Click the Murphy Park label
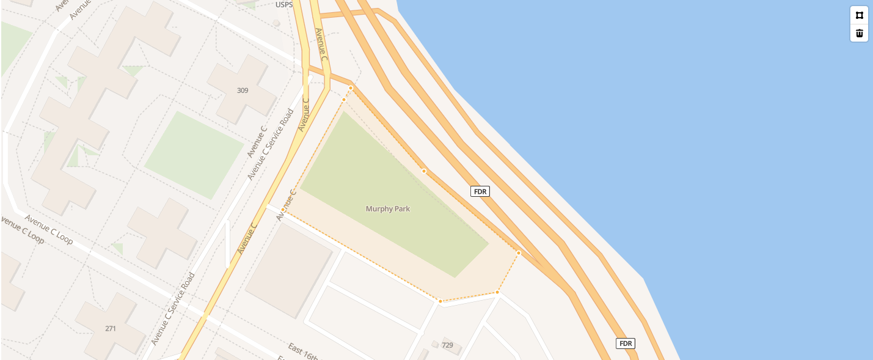click(388, 209)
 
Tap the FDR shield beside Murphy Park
click(480, 191)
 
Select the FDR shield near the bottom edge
click(626, 343)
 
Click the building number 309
click(243, 90)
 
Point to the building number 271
click(111, 328)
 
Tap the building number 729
click(447, 345)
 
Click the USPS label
click(284, 5)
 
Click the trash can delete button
click(859, 33)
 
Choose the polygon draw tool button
click(859, 15)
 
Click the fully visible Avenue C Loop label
click(49, 229)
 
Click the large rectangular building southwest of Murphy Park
click(289, 270)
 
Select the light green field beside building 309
click(194, 154)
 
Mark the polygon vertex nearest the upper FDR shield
click(424, 171)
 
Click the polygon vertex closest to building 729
click(440, 301)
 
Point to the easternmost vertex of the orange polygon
click(519, 253)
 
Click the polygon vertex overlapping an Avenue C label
click(283, 210)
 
